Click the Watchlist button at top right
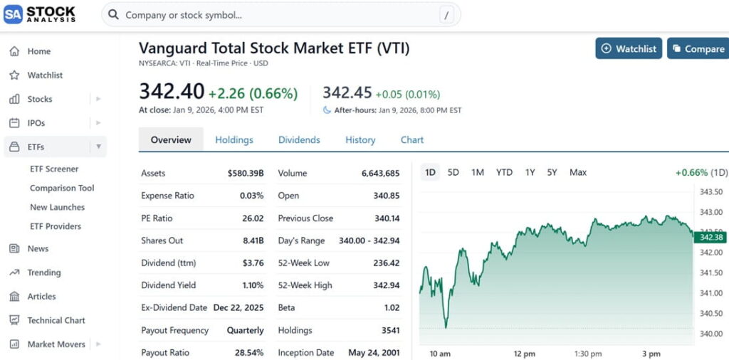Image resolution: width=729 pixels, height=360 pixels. click(629, 48)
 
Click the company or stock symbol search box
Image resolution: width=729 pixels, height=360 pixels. click(281, 15)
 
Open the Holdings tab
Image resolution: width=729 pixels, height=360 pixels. click(234, 140)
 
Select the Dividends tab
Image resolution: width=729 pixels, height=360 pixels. click(299, 140)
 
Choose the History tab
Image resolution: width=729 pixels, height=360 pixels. click(360, 140)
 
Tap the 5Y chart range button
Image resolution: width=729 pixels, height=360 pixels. click(552, 172)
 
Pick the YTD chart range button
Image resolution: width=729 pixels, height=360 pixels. click(504, 172)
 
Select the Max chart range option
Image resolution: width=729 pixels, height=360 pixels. click(578, 172)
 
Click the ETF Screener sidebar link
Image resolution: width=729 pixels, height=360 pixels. click(54, 169)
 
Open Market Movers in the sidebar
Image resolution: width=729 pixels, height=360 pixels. click(56, 344)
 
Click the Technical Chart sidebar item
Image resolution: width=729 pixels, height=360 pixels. click(56, 320)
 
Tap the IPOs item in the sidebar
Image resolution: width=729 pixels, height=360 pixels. click(36, 123)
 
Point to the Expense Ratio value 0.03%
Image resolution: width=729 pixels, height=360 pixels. click(252, 196)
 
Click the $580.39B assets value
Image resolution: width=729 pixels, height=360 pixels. click(246, 173)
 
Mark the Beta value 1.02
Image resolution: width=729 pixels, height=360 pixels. click(391, 308)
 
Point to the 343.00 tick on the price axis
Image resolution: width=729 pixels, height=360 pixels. click(711, 212)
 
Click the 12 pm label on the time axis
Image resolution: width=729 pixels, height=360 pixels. click(524, 354)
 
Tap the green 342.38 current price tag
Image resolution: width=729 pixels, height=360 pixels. click(711, 237)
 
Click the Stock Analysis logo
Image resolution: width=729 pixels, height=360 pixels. click(41, 14)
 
